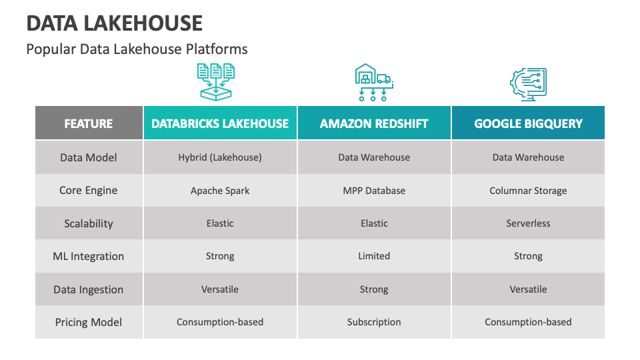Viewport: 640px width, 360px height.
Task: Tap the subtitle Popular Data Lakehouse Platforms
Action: tap(137, 49)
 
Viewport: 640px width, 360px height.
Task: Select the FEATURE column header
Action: tap(89, 123)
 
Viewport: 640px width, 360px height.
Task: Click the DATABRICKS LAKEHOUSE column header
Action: tap(220, 123)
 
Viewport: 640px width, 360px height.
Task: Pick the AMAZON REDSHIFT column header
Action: tap(374, 123)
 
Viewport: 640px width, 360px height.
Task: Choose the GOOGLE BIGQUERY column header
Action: tap(528, 123)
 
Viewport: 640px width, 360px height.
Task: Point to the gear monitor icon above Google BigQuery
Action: tap(528, 84)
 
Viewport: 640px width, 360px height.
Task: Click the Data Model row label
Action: tap(89, 157)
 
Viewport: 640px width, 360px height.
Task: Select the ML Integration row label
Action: tap(89, 256)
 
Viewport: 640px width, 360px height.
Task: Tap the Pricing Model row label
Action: tap(89, 322)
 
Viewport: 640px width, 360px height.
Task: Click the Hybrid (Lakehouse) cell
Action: tap(220, 157)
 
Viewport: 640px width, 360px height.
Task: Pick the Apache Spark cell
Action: tap(220, 191)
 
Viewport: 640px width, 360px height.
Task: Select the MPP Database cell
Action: tap(374, 191)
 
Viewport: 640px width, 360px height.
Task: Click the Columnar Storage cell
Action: tap(528, 191)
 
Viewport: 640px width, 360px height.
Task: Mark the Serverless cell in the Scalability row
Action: tap(528, 223)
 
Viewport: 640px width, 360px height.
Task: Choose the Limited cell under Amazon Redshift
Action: tap(374, 256)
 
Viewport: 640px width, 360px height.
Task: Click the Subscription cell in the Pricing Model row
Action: tap(374, 322)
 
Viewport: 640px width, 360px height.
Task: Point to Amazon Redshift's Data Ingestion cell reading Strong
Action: tap(374, 289)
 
